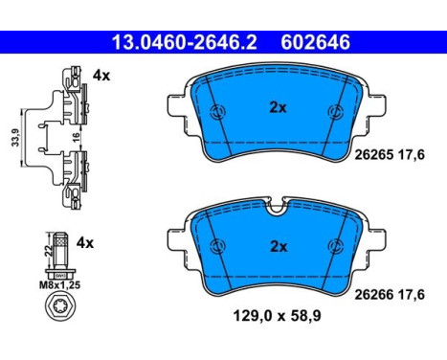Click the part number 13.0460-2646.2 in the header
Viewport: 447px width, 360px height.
point(185,42)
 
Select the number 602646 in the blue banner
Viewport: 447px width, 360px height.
point(315,42)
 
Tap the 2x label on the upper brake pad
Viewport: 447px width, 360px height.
point(278,108)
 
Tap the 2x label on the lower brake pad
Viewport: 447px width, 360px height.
point(279,247)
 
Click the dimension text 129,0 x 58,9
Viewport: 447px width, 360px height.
point(277,316)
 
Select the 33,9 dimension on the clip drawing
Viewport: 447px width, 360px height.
point(15,138)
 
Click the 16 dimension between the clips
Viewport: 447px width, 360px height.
point(76,138)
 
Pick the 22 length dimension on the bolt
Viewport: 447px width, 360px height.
point(49,251)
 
